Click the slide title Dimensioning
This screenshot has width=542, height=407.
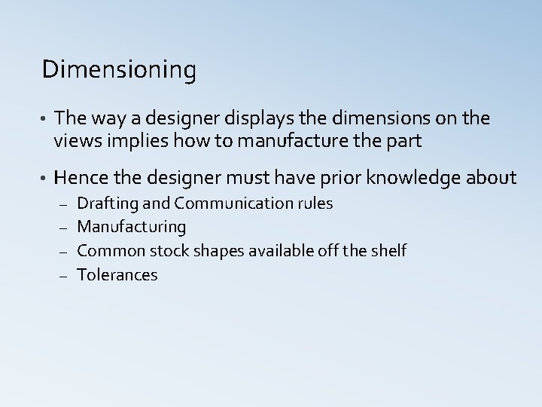click(120, 71)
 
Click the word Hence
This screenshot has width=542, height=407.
click(81, 178)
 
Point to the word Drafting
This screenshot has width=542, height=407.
click(104, 203)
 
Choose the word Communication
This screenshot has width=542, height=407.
click(233, 203)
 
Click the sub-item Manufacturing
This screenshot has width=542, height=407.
click(132, 227)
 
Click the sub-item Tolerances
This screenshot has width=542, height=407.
click(117, 274)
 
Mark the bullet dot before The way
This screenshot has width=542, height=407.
click(45, 119)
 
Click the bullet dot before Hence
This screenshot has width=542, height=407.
click(45, 179)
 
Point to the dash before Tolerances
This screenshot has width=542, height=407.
click(63, 275)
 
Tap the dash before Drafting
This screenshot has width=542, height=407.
click(63, 204)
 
